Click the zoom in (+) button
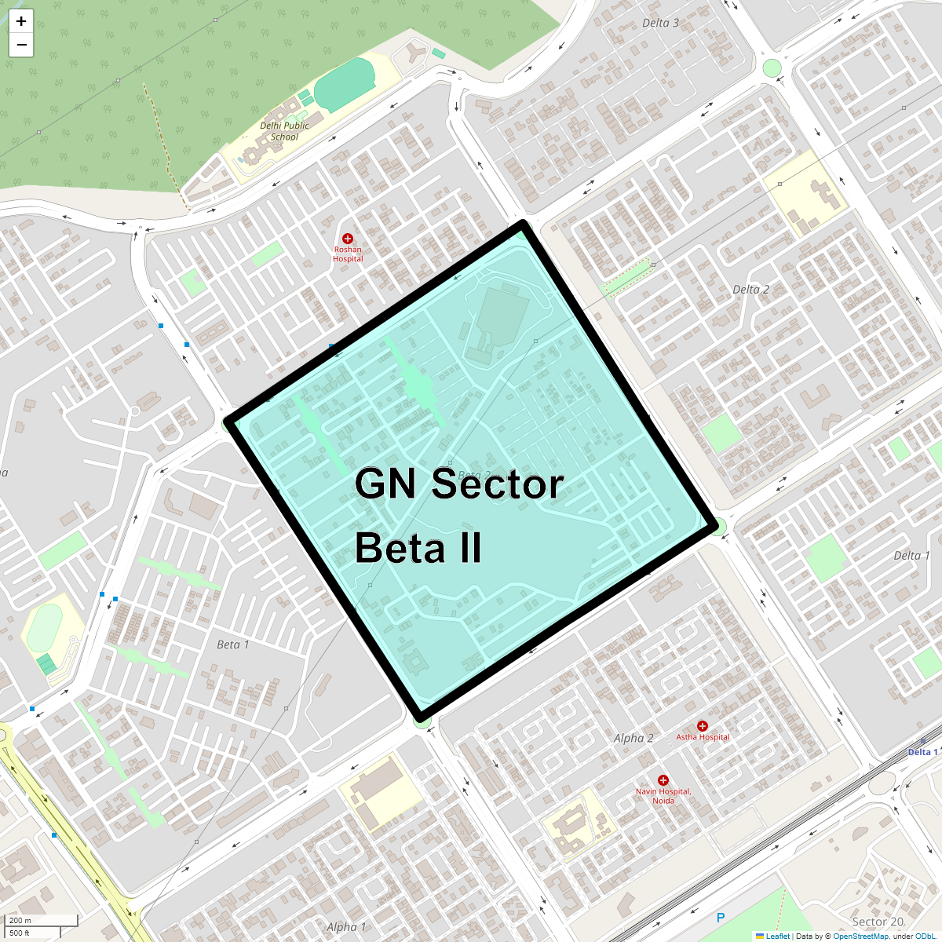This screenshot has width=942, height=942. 21,21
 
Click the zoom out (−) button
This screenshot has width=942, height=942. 21,45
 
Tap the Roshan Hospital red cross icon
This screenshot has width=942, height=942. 348,238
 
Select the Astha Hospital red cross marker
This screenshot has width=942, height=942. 703,726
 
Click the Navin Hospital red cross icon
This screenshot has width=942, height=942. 663,780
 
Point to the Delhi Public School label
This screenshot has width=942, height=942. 284,131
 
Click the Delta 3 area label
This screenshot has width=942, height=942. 660,23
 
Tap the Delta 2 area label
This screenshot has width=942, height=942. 750,290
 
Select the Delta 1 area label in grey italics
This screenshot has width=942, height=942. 911,555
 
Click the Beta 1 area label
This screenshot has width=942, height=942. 232,644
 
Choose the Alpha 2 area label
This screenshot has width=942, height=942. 633,738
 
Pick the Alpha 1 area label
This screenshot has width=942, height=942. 346,927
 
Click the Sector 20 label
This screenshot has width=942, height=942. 878,922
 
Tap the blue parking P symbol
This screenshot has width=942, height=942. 721,917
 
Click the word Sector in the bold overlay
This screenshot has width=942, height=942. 498,484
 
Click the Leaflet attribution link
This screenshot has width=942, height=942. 777,936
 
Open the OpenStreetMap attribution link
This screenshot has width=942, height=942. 860,936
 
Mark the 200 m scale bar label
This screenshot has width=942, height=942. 20,921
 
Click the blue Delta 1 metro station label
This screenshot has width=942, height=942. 922,752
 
